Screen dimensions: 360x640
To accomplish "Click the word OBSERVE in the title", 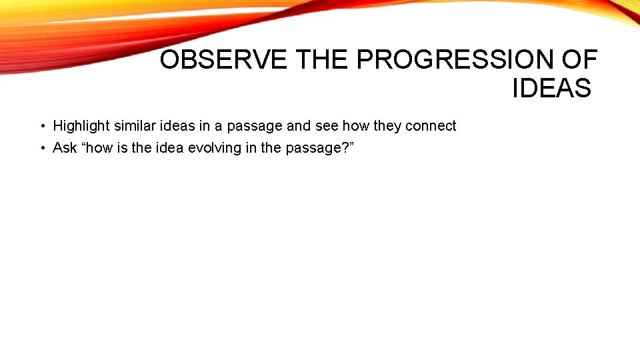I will point(224,60).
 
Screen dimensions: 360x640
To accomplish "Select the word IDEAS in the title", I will point(551,88).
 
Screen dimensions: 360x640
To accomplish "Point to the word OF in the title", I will point(579,60).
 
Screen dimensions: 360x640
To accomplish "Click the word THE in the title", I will point(323,60).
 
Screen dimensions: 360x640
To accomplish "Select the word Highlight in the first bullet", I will point(81,126).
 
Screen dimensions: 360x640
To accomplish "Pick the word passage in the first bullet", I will point(255,126).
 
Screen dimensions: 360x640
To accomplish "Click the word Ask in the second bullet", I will point(65,148).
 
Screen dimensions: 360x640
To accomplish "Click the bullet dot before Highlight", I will point(41,126).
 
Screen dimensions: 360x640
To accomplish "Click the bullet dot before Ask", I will point(41,148).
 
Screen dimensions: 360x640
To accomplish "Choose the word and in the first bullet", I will point(299,126).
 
